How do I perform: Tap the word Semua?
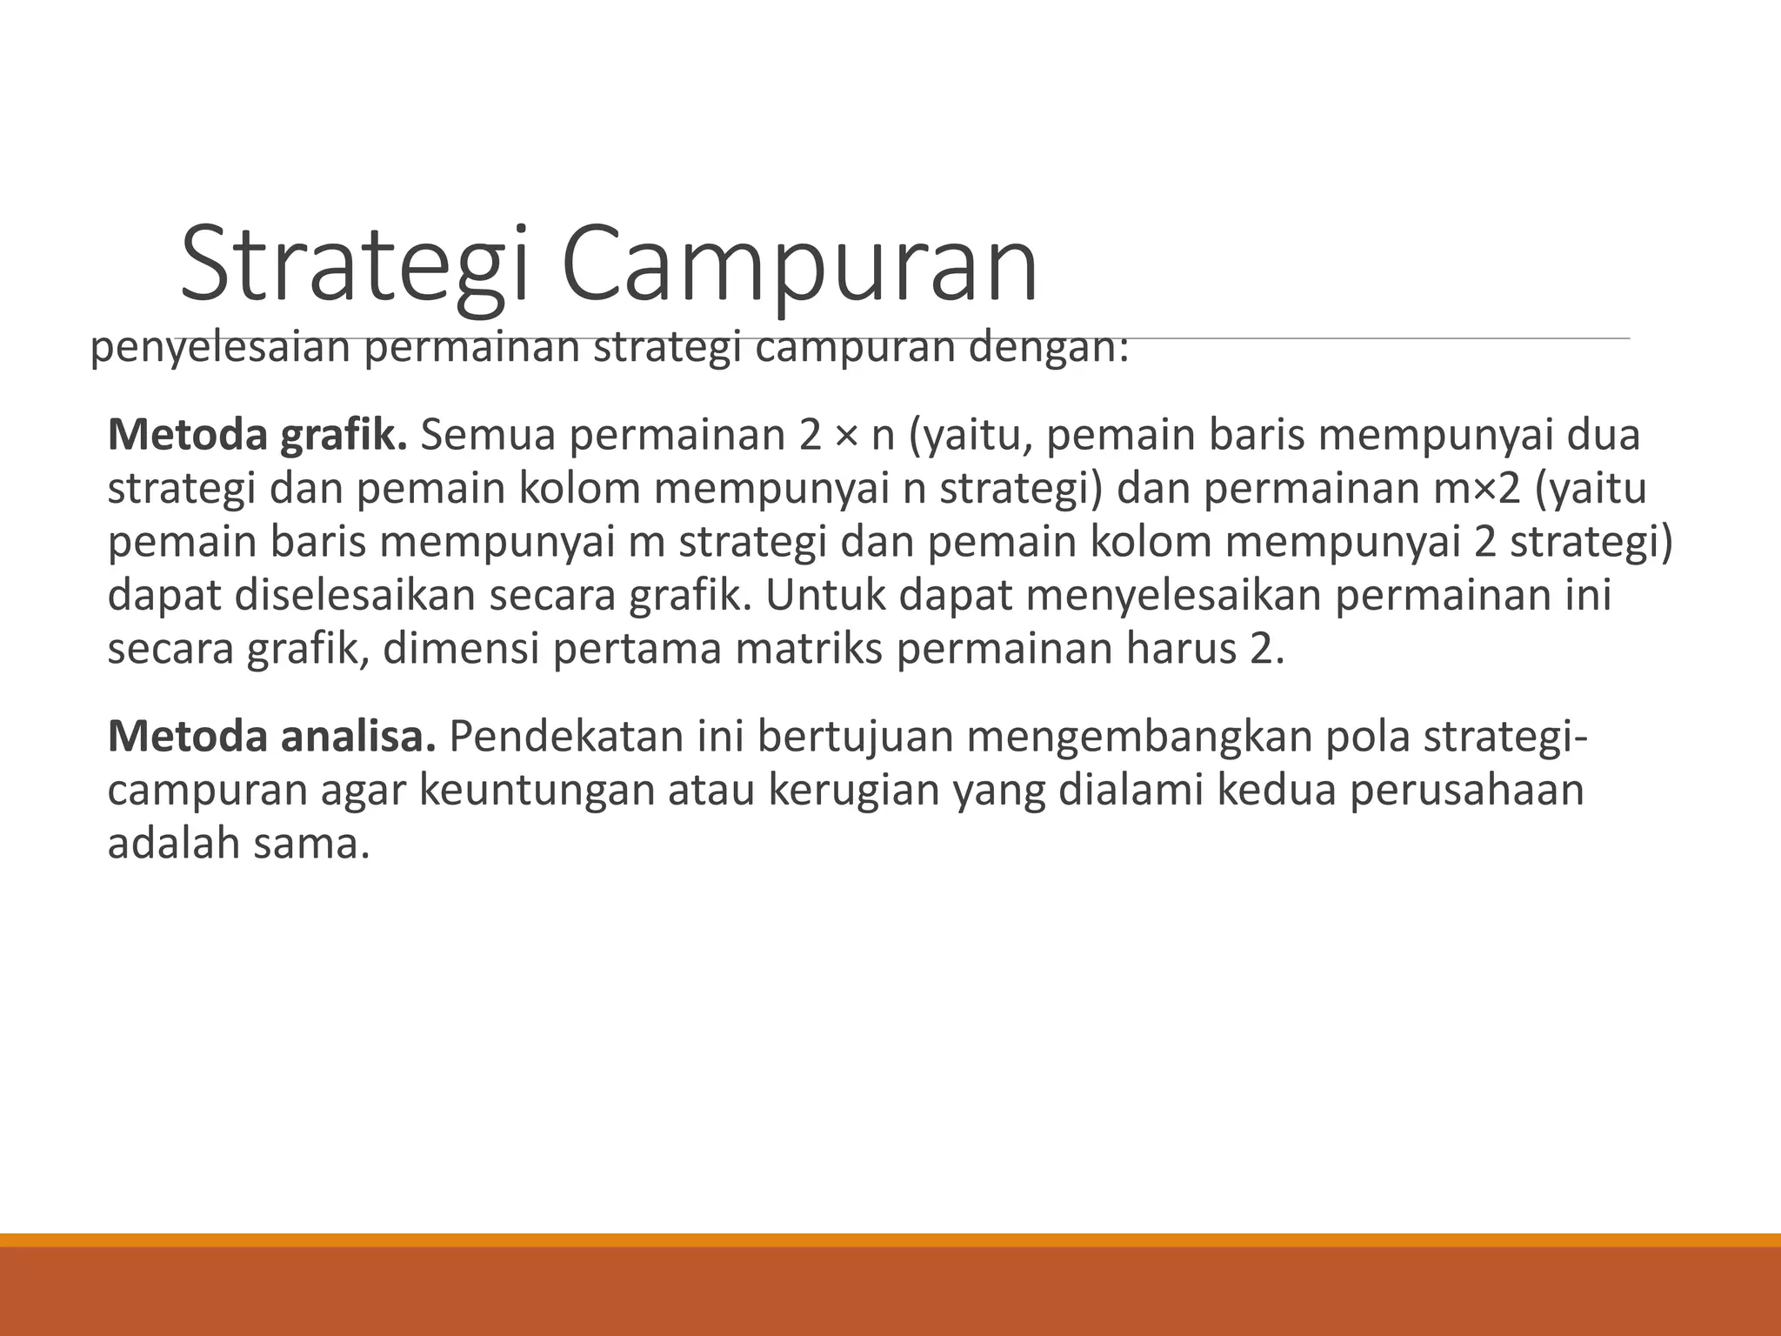(488, 435)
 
